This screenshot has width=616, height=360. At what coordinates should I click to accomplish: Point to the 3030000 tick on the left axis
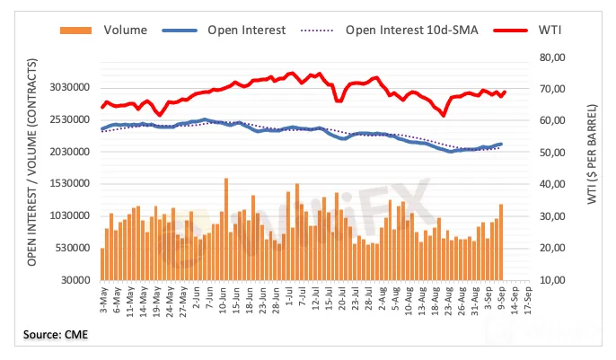[x=69, y=88]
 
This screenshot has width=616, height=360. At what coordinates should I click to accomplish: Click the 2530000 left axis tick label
[x=69, y=120]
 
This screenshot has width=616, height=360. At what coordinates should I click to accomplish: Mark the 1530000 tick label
[x=69, y=184]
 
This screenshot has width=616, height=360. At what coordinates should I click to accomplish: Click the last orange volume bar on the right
[x=501, y=241]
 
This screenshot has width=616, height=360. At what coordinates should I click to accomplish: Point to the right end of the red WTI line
[x=505, y=92]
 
